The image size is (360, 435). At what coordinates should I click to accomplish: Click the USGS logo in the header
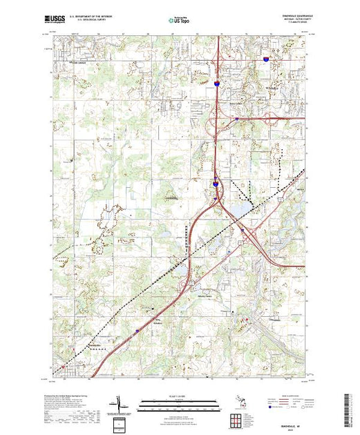pyautogui.click(x=55, y=20)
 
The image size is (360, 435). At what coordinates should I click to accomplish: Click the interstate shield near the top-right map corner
pyautogui.click(x=266, y=59)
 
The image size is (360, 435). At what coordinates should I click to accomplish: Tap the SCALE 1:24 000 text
pyautogui.click(x=178, y=396)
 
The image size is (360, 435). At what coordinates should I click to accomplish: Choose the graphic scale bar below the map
pyautogui.click(x=178, y=402)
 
